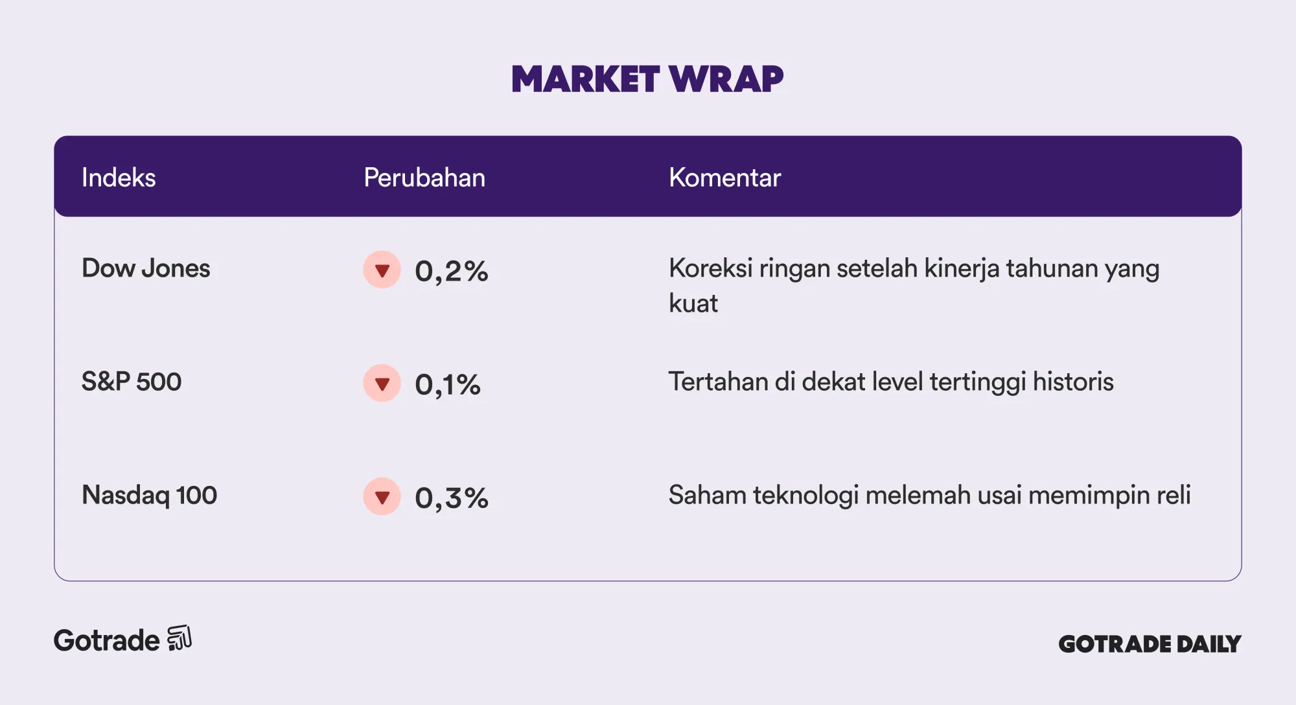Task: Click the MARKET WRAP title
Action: (647, 79)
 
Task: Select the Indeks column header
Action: (119, 178)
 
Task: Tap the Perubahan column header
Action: (424, 178)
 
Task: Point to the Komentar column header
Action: (724, 178)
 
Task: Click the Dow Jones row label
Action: (146, 268)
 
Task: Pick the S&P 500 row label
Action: (132, 382)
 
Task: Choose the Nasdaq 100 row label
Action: (149, 496)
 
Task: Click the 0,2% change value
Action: (452, 271)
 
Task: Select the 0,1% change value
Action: (448, 384)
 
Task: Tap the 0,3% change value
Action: (452, 498)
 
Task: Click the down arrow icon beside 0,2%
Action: (382, 270)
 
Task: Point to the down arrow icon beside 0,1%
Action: (382, 383)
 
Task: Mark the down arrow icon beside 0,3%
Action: (382, 496)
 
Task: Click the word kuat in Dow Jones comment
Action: (693, 303)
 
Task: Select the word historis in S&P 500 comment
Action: (1073, 382)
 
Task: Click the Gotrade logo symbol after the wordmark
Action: (179, 638)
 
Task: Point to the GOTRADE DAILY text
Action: (1150, 643)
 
